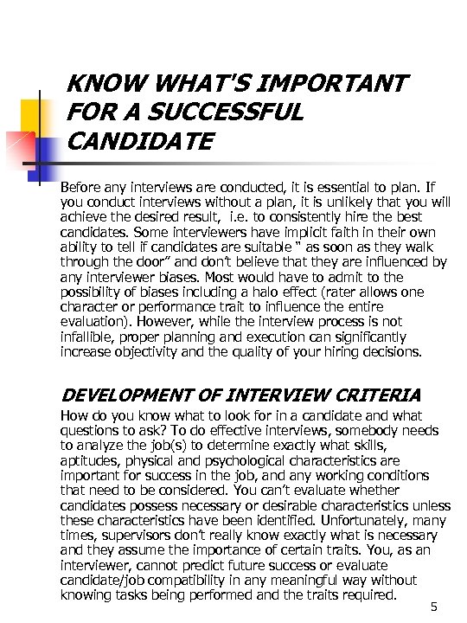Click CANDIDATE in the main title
[138, 141]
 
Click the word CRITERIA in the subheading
[376, 395]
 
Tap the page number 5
[434, 606]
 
